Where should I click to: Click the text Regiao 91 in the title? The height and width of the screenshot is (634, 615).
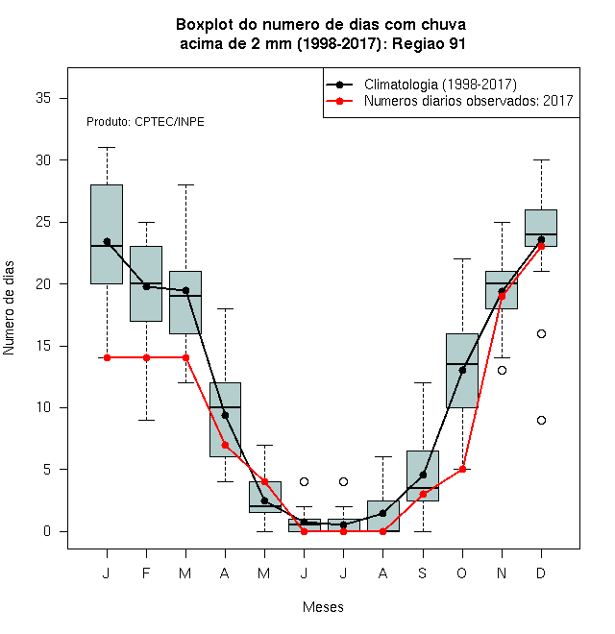[429, 43]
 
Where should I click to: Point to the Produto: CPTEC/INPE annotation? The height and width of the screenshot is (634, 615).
[145, 122]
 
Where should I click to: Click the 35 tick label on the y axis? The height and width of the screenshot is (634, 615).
[43, 98]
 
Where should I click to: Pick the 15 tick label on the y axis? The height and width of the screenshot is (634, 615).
[43, 346]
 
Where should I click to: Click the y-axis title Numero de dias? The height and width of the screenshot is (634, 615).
[9, 308]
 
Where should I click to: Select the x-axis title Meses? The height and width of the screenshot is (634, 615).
[323, 607]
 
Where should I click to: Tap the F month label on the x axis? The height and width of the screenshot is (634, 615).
[146, 573]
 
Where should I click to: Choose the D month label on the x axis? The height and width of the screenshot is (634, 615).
[541, 573]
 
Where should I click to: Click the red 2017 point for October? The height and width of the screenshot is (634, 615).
[462, 470]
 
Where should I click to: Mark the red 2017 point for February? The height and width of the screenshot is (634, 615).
[146, 358]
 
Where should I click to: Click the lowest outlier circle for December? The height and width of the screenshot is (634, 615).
[541, 421]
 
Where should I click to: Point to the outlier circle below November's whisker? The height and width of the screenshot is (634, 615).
[502, 371]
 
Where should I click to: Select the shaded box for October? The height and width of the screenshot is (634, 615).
[462, 371]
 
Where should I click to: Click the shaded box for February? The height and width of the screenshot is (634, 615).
[146, 283]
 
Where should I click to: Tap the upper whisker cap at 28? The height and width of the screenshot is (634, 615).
[185, 184]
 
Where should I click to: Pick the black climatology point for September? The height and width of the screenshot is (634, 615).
[423, 475]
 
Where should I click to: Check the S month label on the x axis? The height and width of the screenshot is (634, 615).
[423, 573]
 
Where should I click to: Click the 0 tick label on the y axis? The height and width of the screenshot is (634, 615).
[47, 531]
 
